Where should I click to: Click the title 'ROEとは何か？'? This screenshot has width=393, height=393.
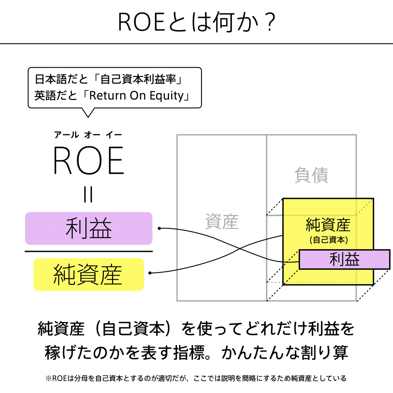pos(196,22)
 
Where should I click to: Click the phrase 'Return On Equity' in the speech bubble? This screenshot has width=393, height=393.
pos(136,95)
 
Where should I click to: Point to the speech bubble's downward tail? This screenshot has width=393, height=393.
pos(88,113)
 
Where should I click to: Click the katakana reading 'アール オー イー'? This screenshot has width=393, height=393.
pos(88,135)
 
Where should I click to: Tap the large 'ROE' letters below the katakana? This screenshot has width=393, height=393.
pos(89,160)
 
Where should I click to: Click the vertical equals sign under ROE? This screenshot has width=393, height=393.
pos(88,194)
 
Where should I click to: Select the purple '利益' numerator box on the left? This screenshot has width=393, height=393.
pos(89,228)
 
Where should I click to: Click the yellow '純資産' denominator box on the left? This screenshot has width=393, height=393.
pos(89,274)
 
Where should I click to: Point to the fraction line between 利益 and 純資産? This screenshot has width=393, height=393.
pos(89,251)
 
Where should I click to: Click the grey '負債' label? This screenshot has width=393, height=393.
pos(311,175)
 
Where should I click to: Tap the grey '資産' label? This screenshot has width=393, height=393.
pos(222,222)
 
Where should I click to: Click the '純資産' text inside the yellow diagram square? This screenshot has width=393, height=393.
pos(328,225)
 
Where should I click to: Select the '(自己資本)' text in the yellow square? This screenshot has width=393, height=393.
pos(329,240)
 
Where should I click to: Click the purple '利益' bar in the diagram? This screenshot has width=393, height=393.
pos(344,259)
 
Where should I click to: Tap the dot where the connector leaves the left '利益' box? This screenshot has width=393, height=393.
pos(159,228)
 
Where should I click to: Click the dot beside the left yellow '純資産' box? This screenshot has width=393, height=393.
pos(150,273)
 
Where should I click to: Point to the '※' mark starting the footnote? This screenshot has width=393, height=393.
pos(49,379)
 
